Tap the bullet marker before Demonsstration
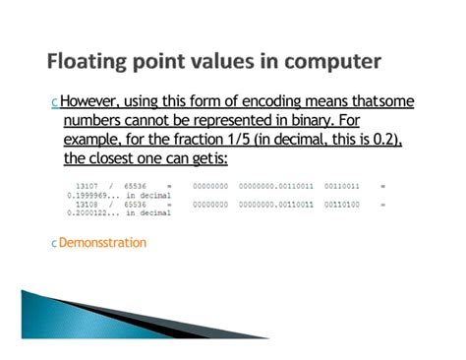tap(52, 243)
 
